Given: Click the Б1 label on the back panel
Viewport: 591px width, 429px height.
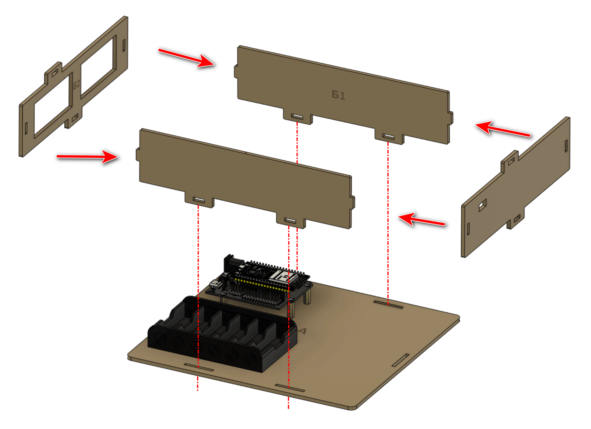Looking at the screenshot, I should [x=339, y=95].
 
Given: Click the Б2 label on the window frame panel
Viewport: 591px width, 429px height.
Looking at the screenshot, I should [x=77, y=84].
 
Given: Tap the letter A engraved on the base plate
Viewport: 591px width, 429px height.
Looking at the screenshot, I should [x=302, y=331].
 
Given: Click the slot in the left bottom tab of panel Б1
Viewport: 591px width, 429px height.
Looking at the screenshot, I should [x=297, y=116].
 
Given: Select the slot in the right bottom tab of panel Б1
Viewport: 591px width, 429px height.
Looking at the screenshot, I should [x=388, y=137].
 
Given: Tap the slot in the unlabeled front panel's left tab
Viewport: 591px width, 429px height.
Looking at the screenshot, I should [x=199, y=200].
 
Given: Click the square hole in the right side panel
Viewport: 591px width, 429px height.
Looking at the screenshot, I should [x=482, y=205].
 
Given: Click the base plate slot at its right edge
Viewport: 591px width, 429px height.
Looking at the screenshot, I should [x=400, y=360].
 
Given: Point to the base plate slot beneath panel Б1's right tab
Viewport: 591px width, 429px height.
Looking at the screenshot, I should [x=388, y=305].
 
